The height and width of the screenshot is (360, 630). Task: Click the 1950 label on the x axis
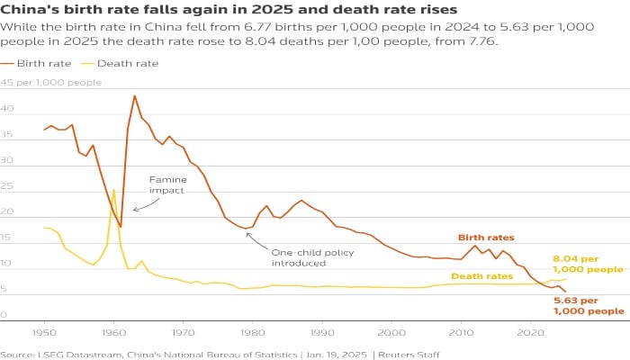(44, 332)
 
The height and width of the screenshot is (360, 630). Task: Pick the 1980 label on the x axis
(252, 332)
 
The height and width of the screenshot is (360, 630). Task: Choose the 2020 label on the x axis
(529, 332)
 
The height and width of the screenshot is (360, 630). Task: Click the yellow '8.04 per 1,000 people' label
(587, 263)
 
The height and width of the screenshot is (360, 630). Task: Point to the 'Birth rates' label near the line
(486, 238)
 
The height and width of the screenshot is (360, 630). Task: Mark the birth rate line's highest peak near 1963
(134, 95)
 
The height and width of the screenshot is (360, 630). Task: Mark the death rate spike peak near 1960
(113, 190)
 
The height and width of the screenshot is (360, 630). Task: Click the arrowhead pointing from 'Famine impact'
(134, 210)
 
